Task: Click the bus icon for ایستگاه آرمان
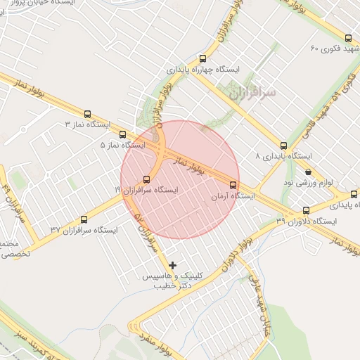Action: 233,185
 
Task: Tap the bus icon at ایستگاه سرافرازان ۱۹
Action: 146,179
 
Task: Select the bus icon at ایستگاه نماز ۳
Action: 88,114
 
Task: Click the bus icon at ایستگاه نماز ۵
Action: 122,134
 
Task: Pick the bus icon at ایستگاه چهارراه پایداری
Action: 203,59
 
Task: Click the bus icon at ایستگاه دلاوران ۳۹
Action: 306,210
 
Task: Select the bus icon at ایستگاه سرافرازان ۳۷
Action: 84,219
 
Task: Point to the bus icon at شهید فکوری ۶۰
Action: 348,39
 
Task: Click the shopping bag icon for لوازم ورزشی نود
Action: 308,172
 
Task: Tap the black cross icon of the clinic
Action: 173,265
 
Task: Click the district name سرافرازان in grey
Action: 252,92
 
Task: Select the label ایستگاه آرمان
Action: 233,196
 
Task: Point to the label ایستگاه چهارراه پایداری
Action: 203,70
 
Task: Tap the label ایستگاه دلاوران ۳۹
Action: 307,221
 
